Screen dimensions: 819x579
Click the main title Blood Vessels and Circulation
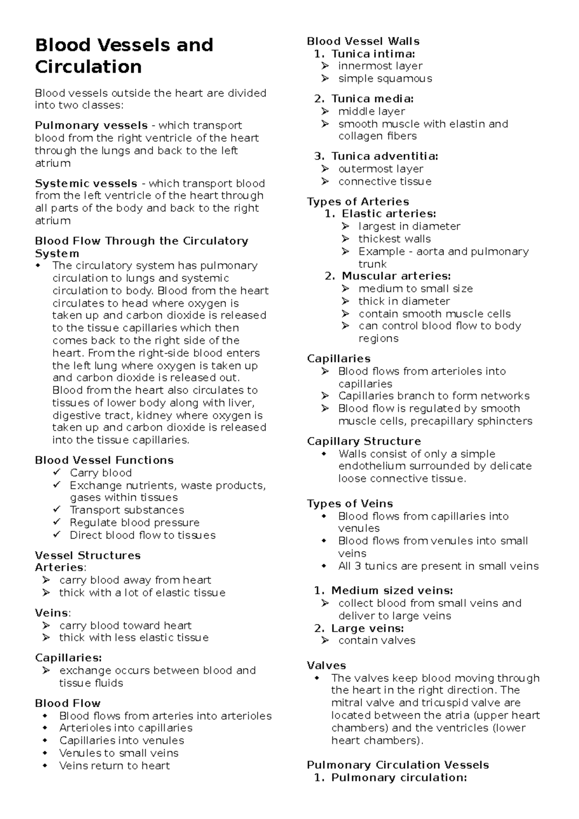point(124,55)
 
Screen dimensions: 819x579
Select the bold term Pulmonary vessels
point(91,126)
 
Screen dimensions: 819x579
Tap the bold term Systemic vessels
point(86,184)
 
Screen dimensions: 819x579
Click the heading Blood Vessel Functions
point(104,460)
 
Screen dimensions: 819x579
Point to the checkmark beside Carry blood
point(57,472)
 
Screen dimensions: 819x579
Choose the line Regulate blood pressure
point(135,522)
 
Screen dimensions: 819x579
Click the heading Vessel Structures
point(88,555)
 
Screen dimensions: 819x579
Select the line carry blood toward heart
point(125,626)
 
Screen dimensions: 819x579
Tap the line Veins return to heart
point(114,765)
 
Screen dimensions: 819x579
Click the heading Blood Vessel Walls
point(363,41)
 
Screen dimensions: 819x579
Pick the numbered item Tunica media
point(372,99)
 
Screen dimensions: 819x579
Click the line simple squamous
point(385,79)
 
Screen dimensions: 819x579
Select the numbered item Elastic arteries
point(388,214)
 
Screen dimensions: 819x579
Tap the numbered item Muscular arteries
point(396,276)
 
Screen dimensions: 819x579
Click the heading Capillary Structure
point(364,441)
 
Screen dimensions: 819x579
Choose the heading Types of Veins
point(350,504)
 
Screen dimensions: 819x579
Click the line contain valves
point(377,641)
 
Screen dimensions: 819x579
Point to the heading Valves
point(326,666)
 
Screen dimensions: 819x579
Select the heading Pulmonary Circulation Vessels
point(398,765)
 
